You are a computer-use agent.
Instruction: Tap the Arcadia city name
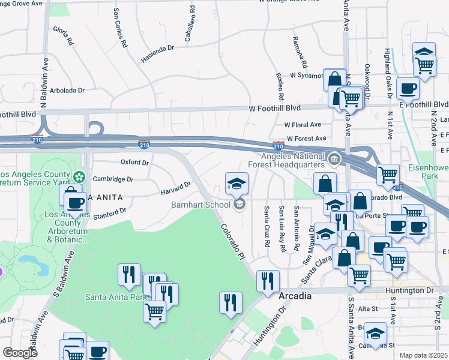coord(295,296)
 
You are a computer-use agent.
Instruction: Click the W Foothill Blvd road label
coord(274,108)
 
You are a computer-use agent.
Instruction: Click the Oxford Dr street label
coord(134,163)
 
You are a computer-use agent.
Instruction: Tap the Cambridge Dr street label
coord(113,179)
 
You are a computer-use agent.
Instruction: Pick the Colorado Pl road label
coord(233,242)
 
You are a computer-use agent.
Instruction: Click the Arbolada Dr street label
coord(68,91)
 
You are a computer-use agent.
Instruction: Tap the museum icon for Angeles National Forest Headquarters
coord(334,160)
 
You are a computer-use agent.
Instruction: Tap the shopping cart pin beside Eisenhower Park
coord(388,175)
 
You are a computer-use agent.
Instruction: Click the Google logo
coord(20,353)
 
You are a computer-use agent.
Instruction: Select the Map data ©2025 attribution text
coord(423,355)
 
